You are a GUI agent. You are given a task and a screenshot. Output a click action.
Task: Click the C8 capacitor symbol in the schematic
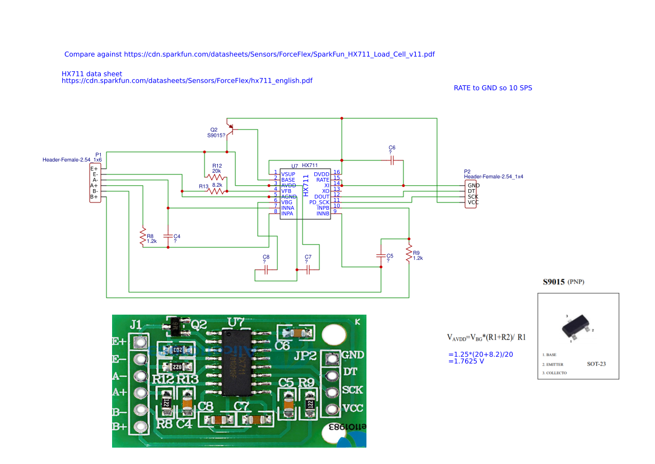click(266, 269)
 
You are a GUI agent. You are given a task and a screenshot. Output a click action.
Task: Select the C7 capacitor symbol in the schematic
click(308, 269)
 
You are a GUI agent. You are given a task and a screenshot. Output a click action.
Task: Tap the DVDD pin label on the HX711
click(322, 174)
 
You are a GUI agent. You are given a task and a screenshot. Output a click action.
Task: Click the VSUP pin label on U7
click(288, 174)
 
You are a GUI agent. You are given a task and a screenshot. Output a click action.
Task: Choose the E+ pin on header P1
click(94, 168)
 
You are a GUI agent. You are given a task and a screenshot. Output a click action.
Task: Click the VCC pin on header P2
click(472, 203)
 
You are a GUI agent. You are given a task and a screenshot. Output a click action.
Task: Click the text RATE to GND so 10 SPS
click(493, 88)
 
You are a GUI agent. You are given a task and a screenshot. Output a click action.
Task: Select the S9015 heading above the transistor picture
click(555, 282)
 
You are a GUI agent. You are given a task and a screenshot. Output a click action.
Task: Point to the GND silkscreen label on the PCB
click(352, 355)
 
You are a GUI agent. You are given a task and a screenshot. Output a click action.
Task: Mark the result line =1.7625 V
click(466, 361)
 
